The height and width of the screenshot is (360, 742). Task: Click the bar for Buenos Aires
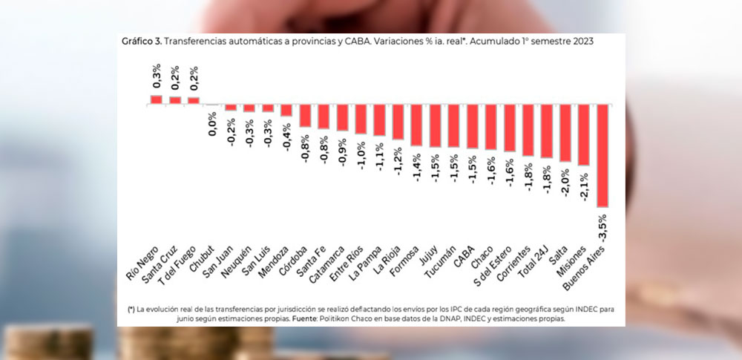coord(603,155)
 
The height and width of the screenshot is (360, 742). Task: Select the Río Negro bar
coord(156,99)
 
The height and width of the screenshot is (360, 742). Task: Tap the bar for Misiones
coord(584,134)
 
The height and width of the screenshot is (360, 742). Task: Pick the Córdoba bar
coord(305,115)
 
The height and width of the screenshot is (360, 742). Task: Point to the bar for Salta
coord(565,133)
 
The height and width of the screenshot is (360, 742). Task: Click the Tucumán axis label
coord(441,262)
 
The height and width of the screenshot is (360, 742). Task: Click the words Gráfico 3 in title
coord(139,42)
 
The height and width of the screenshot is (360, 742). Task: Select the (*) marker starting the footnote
coord(131,308)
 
